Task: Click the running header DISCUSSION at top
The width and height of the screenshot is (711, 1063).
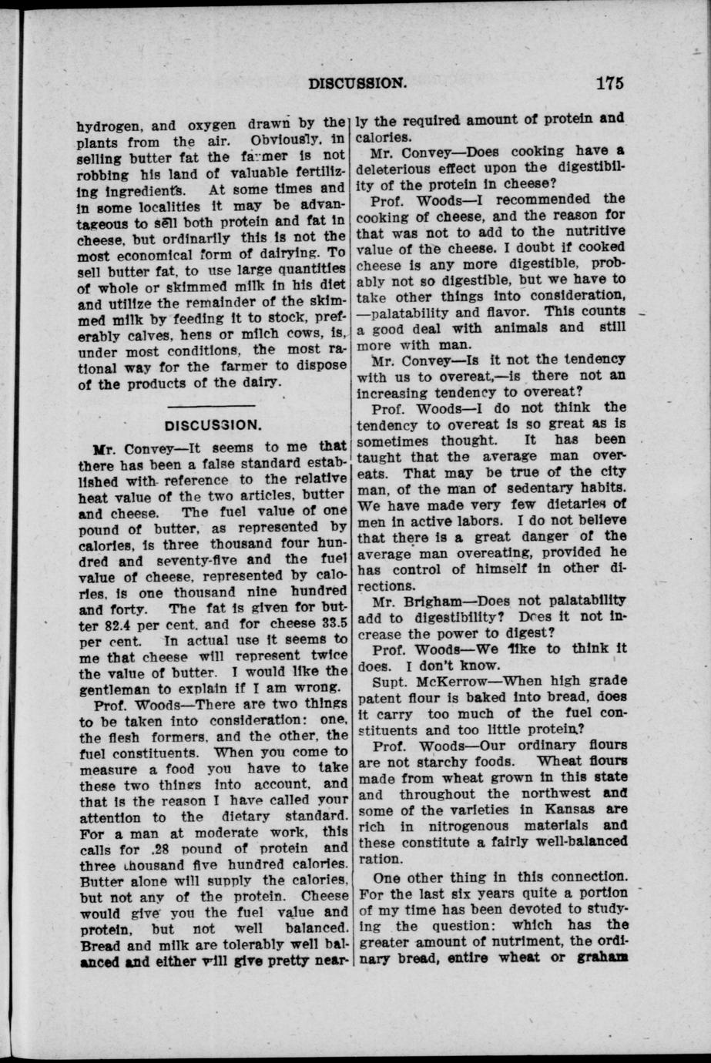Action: (x=357, y=82)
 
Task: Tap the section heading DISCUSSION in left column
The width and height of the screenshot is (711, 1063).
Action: (x=213, y=424)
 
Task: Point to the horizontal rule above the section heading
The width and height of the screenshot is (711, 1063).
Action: (x=210, y=405)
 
